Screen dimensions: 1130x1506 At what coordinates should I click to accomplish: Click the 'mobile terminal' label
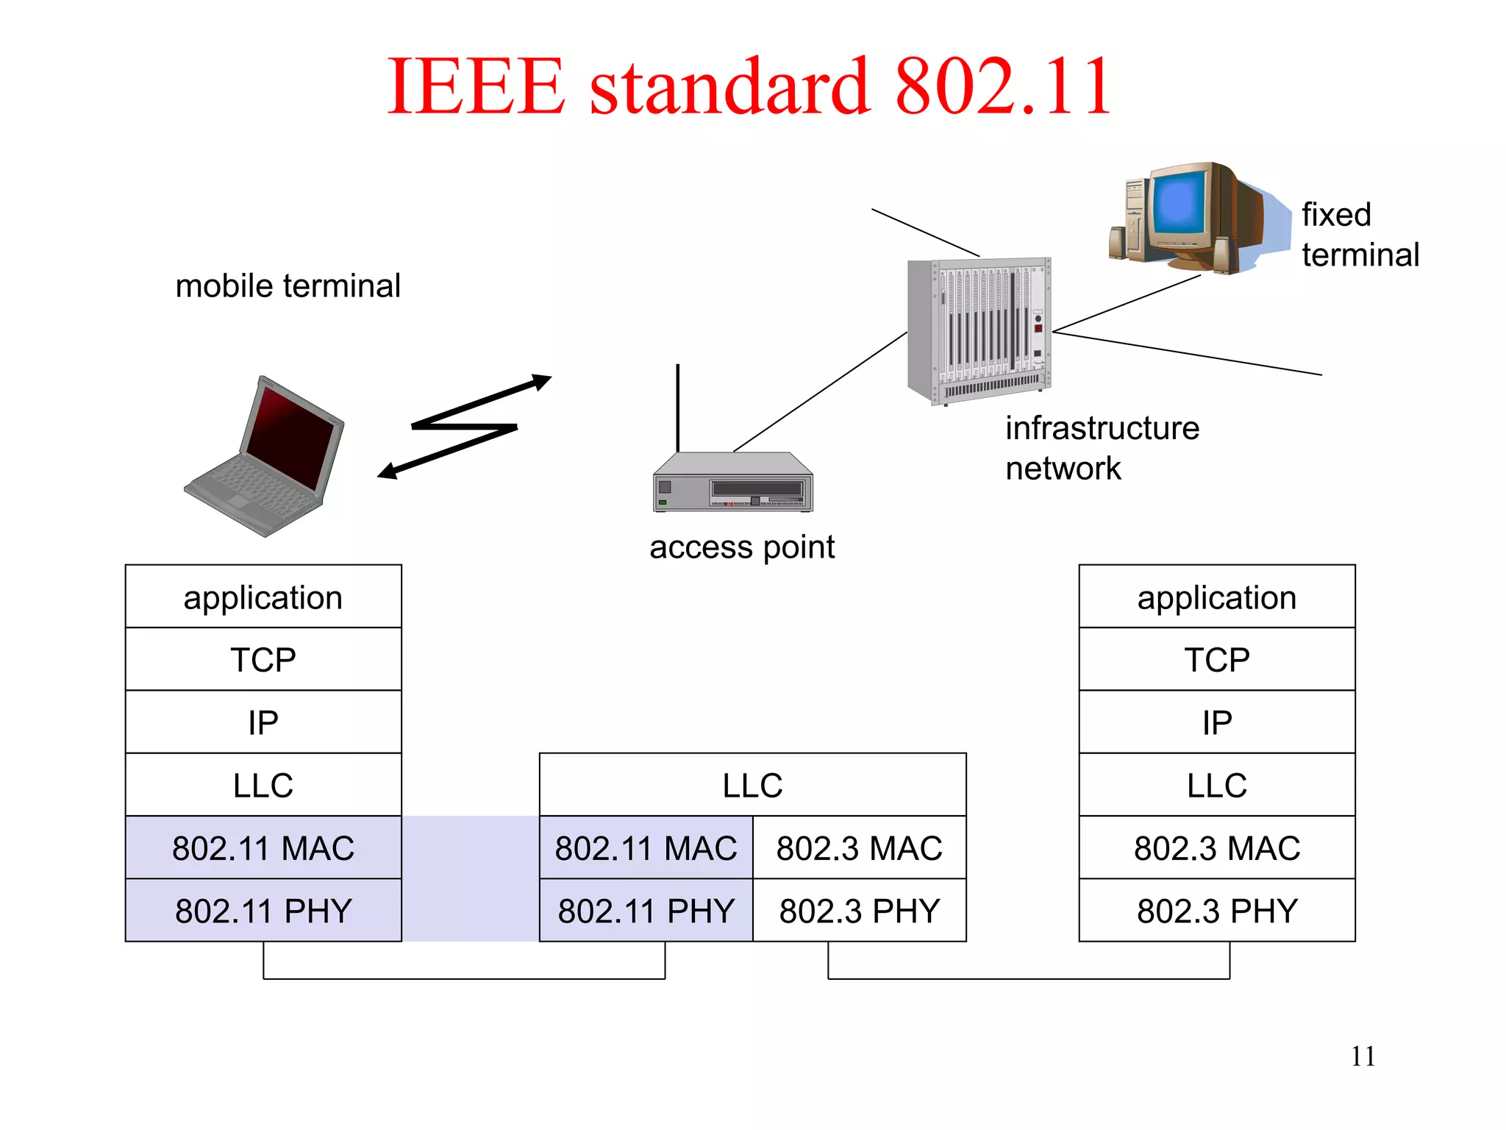288,285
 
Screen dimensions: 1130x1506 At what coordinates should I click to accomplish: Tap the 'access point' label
741,547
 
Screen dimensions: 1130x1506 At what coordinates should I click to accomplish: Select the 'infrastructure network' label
1101,448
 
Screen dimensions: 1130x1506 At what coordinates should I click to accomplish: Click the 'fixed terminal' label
1359,235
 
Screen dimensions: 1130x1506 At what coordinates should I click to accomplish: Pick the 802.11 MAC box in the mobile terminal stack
263,847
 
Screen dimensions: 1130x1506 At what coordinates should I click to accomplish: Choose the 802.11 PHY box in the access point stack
646,910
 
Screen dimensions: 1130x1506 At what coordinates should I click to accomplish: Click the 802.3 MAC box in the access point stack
859,847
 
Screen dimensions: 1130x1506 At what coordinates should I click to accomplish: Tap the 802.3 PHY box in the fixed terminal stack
1216,910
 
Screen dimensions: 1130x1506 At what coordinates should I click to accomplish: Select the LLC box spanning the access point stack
752,785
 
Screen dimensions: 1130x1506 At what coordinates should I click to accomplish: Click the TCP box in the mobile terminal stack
263,659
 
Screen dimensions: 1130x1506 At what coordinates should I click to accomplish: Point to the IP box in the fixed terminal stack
1216,722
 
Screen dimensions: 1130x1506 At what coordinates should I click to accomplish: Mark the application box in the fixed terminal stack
1216,597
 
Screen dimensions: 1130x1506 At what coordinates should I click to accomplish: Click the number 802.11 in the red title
1002,87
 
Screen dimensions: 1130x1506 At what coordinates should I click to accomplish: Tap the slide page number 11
1363,1056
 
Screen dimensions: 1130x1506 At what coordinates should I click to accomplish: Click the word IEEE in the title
476,87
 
